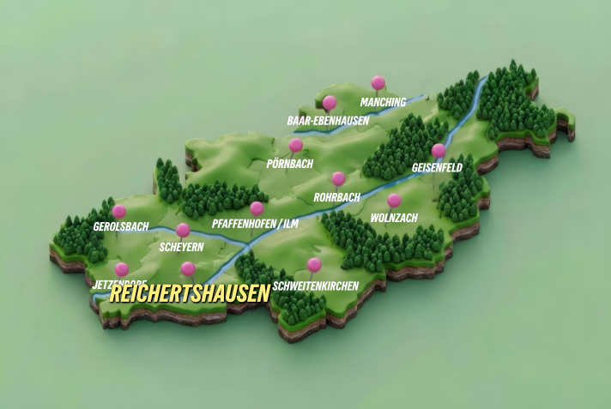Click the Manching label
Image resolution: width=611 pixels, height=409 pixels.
[383, 103]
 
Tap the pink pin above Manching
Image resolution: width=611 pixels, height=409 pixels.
[378, 83]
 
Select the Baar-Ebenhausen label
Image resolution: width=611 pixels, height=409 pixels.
[328, 121]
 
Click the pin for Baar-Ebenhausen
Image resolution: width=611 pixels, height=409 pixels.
[330, 103]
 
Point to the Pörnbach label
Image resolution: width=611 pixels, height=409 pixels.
[290, 163]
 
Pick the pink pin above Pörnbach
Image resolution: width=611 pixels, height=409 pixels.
[296, 145]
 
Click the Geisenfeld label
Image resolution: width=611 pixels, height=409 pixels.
[437, 168]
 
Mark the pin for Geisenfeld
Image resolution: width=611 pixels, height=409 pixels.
[439, 151]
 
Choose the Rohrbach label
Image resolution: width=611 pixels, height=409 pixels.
[336, 197]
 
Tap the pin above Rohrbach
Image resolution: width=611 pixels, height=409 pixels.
[338, 179]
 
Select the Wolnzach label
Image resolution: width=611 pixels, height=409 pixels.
[394, 218]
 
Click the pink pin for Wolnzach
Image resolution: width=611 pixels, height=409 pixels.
[394, 201]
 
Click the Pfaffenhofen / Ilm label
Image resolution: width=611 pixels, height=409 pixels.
[255, 225]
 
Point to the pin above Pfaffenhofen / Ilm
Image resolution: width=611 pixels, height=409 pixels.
[257, 208]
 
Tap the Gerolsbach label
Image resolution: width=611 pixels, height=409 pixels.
[120, 227]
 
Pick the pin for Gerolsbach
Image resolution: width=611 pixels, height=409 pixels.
[119, 211]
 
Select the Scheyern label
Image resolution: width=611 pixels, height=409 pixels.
[181, 247]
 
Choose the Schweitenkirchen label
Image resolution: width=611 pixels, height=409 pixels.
[315, 285]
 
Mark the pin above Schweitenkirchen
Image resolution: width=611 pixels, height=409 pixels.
[314, 265]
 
